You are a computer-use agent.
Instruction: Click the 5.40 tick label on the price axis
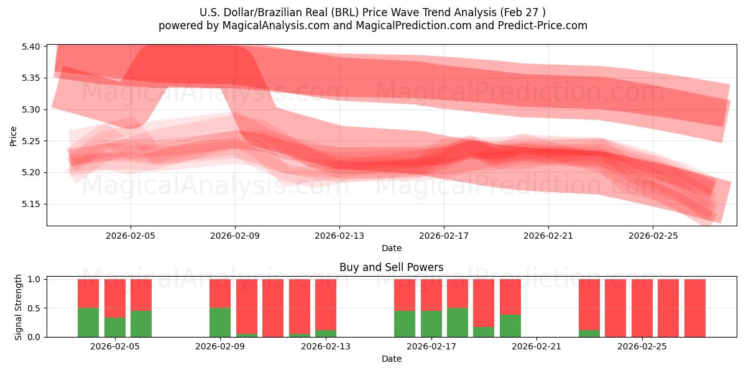click(30, 47)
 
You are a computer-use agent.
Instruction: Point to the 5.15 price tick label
click(30, 204)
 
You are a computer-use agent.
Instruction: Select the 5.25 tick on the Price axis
click(30, 141)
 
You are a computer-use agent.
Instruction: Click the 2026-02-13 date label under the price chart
click(339, 236)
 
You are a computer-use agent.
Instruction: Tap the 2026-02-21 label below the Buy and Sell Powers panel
click(536, 347)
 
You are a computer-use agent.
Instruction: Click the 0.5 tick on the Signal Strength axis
click(34, 308)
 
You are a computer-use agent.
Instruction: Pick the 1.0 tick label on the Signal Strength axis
click(34, 279)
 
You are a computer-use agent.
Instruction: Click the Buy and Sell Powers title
click(391, 267)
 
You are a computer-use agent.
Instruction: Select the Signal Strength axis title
click(18, 307)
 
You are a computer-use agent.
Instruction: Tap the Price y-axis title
click(13, 136)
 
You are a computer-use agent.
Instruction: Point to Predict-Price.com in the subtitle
click(543, 25)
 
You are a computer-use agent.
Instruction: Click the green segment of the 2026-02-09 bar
click(220, 323)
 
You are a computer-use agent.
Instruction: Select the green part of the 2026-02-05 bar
click(115, 328)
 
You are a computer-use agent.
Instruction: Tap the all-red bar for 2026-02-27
click(695, 308)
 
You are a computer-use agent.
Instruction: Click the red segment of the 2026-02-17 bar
click(431, 295)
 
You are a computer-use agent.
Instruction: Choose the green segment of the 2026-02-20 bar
click(510, 326)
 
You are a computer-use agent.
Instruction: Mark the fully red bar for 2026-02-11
click(273, 308)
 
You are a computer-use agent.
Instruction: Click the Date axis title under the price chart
click(391, 248)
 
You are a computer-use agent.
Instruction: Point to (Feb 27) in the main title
click(523, 12)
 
